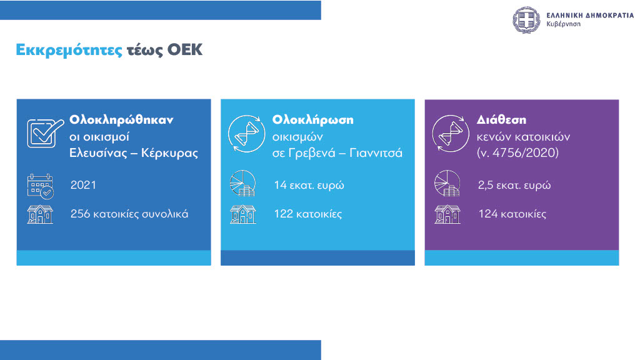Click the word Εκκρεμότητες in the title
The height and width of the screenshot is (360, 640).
pyautogui.click(x=69, y=51)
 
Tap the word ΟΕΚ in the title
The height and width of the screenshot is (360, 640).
pyautogui.click(x=185, y=50)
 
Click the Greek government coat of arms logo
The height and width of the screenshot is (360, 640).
pyautogui.click(x=526, y=19)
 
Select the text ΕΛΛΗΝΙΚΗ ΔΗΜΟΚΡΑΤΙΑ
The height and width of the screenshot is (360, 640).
pyautogui.click(x=590, y=16)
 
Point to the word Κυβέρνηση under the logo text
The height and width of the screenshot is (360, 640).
pyautogui.click(x=563, y=24)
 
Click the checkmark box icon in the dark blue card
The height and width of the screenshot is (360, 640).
pyautogui.click(x=45, y=133)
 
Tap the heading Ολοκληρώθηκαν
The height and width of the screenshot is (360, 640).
pyautogui.click(x=121, y=120)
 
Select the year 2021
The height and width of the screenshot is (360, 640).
pyautogui.click(x=83, y=185)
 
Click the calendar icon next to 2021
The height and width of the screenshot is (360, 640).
pyautogui.click(x=40, y=186)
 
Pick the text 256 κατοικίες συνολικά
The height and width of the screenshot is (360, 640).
pyautogui.click(x=129, y=214)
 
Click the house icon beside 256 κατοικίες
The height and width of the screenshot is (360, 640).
pyautogui.click(x=40, y=214)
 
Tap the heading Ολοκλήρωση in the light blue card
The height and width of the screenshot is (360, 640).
pyautogui.click(x=312, y=121)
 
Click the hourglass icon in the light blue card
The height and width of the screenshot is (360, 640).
pyautogui.click(x=246, y=134)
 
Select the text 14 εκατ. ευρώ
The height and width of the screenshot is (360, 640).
pyautogui.click(x=309, y=185)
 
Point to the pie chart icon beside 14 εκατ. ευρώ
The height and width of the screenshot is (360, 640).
pyautogui.click(x=243, y=183)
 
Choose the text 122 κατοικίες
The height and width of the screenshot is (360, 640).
pyautogui.click(x=307, y=214)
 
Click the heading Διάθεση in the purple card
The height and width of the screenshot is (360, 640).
pyautogui.click(x=501, y=120)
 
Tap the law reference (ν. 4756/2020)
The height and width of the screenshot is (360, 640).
pyautogui.click(x=517, y=153)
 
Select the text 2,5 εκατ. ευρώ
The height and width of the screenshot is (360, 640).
pyautogui.click(x=514, y=185)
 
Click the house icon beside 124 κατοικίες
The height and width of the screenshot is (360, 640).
pyautogui.click(x=447, y=214)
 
